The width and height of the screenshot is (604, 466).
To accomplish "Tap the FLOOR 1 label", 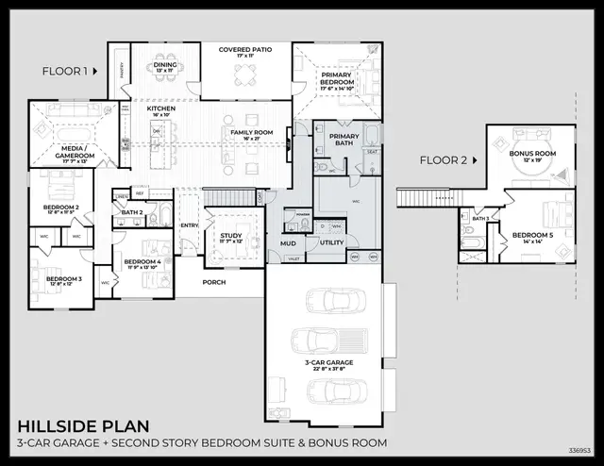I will pyautogui.click(x=65, y=71).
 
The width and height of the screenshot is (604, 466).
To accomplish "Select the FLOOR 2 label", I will pyautogui.click(x=444, y=159).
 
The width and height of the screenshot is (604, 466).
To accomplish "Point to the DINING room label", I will pyautogui.click(x=166, y=65).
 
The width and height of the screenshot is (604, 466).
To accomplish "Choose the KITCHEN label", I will pyautogui.click(x=160, y=109).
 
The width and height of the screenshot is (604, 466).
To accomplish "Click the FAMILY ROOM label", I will pyautogui.click(x=252, y=132).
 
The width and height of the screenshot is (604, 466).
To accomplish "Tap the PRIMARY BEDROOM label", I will pyautogui.click(x=338, y=78).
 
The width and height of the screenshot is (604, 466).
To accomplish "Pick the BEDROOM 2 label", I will pyautogui.click(x=61, y=207).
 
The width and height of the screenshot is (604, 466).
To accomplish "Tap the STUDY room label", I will pyautogui.click(x=231, y=236).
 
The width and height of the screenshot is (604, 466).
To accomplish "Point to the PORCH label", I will pyautogui.click(x=214, y=282).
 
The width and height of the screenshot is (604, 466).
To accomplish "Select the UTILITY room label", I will pyautogui.click(x=331, y=242).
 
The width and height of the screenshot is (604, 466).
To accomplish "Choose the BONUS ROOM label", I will pyautogui.click(x=532, y=152).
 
